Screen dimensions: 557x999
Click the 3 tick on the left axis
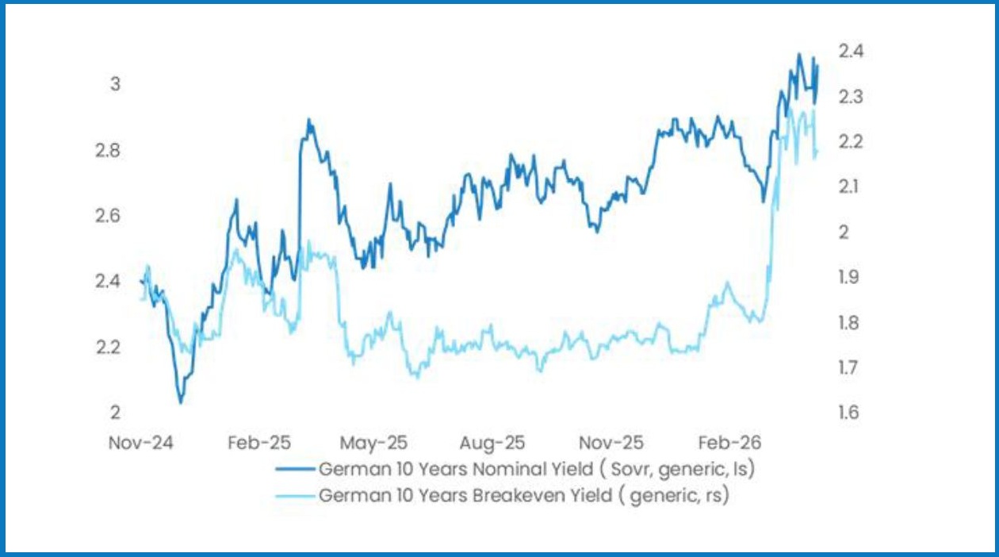(114, 84)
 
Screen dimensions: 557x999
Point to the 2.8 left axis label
(108, 150)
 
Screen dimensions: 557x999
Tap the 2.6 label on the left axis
(108, 216)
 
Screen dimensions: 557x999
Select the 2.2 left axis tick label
(108, 347)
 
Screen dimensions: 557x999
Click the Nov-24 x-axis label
(141, 443)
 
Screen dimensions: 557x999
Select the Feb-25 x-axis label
(259, 443)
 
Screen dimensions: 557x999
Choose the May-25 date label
(373, 443)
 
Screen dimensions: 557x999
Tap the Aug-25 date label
(492, 443)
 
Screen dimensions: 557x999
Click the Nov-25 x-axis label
(610, 443)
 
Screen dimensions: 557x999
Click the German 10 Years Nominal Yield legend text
(536, 469)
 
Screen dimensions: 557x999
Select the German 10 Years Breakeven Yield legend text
(523, 496)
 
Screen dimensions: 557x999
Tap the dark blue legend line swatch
(294, 469)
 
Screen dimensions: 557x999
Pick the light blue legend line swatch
(294, 496)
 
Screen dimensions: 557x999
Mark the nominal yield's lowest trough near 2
(181, 402)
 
